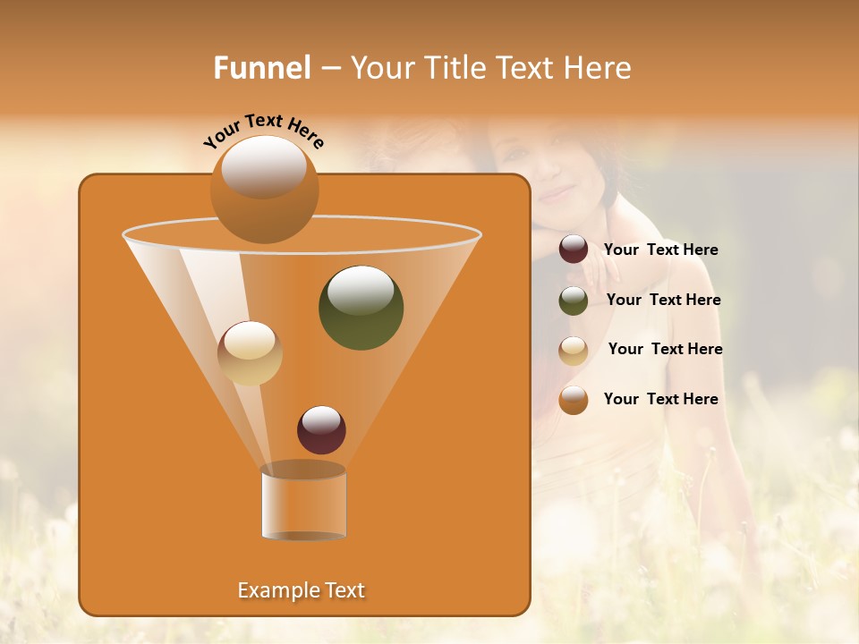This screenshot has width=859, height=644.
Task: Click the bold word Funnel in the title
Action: [x=262, y=68]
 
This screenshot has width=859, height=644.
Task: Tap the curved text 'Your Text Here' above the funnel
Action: [x=264, y=131]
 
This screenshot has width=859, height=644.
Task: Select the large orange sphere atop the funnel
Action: [x=264, y=189]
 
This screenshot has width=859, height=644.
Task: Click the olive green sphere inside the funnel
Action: [x=361, y=307]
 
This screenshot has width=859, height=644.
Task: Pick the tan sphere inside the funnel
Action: [x=250, y=352]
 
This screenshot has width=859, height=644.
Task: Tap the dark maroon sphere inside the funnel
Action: [x=321, y=429]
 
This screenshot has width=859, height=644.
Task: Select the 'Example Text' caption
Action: [x=302, y=590]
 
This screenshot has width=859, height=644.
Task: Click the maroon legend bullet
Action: [x=574, y=250]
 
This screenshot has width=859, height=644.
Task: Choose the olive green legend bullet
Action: [x=574, y=301]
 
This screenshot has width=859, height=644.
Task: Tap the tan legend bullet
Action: [x=574, y=351]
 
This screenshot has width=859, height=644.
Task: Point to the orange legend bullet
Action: [x=574, y=400]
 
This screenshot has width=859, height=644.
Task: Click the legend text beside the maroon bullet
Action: [x=660, y=250]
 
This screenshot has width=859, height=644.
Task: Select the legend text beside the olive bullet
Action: [x=663, y=301]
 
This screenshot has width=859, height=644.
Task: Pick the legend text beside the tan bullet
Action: [x=665, y=350]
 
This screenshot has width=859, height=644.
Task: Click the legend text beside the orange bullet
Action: [x=660, y=399]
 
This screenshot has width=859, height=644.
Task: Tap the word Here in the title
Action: [x=593, y=68]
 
